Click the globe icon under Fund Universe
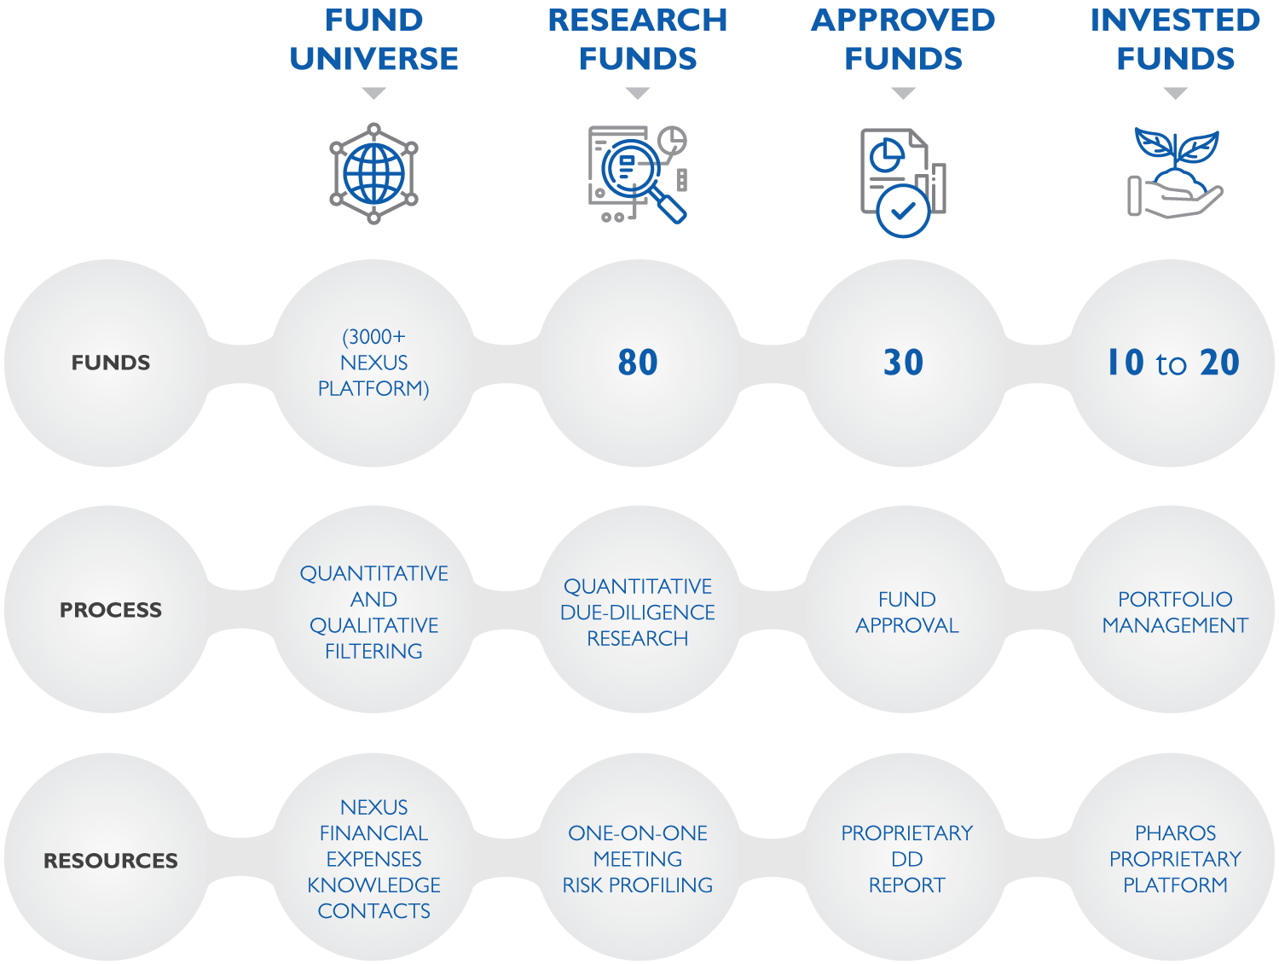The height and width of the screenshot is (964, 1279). click(x=373, y=173)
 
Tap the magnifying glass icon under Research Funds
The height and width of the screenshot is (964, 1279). click(x=638, y=174)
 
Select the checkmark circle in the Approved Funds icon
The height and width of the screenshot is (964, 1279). click(x=903, y=211)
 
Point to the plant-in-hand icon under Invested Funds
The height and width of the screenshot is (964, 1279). click(x=1175, y=173)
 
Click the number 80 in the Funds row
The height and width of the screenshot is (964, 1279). click(x=638, y=362)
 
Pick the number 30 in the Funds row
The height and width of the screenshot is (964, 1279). click(x=903, y=362)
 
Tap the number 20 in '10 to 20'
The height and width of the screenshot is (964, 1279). click(x=1219, y=362)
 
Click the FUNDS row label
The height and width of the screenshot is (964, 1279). click(x=111, y=363)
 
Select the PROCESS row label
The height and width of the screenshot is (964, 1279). click(x=111, y=610)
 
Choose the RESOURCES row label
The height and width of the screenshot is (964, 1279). click(x=111, y=860)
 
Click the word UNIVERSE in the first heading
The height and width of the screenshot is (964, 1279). click(x=373, y=58)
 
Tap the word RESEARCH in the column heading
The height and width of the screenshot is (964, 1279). click(x=638, y=20)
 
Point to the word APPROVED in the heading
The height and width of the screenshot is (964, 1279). click(x=903, y=20)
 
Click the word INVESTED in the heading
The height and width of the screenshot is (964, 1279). click(x=1175, y=20)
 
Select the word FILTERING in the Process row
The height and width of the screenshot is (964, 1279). click(x=373, y=651)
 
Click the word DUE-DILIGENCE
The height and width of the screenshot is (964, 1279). click(x=638, y=613)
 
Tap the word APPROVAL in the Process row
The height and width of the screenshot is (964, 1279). click(x=907, y=625)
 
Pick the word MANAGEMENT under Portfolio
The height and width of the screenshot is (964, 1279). click(x=1175, y=625)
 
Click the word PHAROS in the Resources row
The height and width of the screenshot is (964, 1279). click(x=1175, y=833)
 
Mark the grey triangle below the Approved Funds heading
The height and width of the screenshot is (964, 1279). click(x=903, y=93)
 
